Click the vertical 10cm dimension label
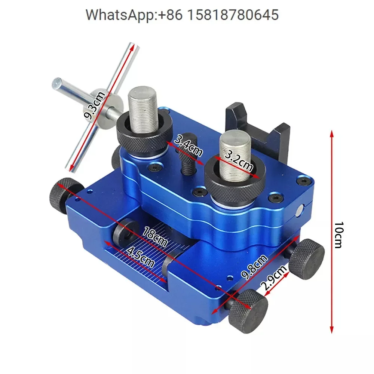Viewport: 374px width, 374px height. click(x=338, y=234)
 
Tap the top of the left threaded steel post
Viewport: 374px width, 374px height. click(x=141, y=92)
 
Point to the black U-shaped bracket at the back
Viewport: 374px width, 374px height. click(x=258, y=127)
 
